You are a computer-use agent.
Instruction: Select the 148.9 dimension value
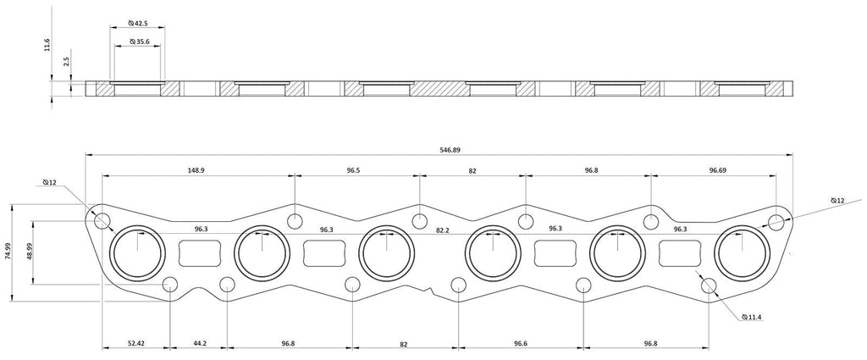(196, 171)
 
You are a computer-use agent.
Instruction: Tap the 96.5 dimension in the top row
(353, 171)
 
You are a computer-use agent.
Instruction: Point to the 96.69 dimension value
(718, 171)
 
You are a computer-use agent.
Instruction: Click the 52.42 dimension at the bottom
(135, 343)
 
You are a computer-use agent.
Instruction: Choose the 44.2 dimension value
(200, 343)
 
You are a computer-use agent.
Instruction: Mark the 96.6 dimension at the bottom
(521, 343)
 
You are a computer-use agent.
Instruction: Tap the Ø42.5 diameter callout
(138, 24)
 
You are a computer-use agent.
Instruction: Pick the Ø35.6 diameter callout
(138, 42)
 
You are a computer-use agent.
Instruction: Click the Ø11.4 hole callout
(753, 317)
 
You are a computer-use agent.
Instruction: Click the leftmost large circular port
(138, 253)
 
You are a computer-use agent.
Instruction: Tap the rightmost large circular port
(743, 253)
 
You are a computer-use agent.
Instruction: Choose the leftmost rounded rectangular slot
(200, 253)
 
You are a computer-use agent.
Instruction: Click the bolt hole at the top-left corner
(102, 220)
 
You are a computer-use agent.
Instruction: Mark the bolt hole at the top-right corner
(776, 223)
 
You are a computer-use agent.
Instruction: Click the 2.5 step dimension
(66, 61)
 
